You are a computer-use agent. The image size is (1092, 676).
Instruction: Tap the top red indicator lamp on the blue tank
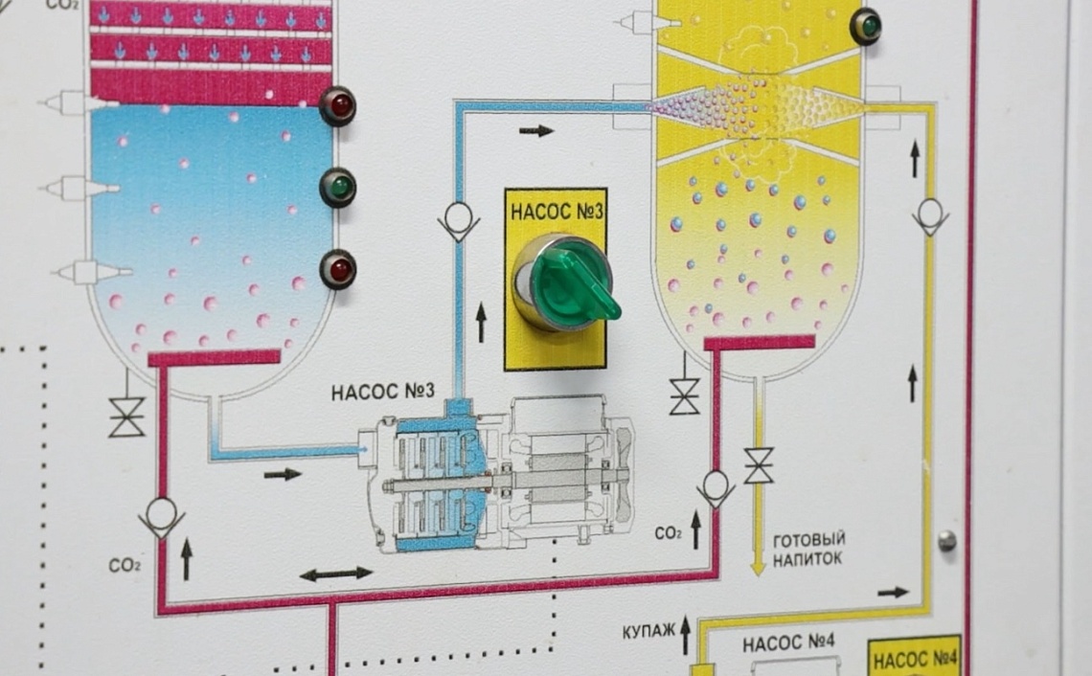pyautogui.click(x=338, y=106)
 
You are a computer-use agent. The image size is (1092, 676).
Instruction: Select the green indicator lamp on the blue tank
pyautogui.click(x=338, y=188)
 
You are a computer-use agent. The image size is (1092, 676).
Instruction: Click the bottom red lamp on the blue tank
pyautogui.click(x=338, y=269)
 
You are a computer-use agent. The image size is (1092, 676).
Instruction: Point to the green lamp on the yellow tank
pyautogui.click(x=867, y=27)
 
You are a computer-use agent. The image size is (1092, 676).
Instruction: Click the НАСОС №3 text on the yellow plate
pyautogui.click(x=557, y=212)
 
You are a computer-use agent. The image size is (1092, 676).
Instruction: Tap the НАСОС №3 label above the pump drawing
pyautogui.click(x=383, y=392)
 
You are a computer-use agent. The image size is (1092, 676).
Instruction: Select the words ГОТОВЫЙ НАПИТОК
pyautogui.click(x=809, y=549)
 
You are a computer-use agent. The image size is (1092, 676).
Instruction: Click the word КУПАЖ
pyautogui.click(x=648, y=631)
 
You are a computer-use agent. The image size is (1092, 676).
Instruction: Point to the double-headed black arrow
pyautogui.click(x=336, y=575)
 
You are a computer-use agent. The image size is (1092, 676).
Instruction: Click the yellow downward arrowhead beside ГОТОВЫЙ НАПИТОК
pyautogui.click(x=759, y=567)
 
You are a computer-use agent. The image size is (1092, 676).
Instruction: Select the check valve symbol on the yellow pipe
pyautogui.click(x=930, y=216)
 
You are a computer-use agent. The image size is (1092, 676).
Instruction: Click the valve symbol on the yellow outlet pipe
pyautogui.click(x=759, y=465)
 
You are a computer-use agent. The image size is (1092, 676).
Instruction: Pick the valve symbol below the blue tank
pyautogui.click(x=126, y=417)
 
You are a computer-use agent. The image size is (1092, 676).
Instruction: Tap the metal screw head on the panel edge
pyautogui.click(x=947, y=540)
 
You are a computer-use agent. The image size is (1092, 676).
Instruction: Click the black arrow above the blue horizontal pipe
pyautogui.click(x=536, y=131)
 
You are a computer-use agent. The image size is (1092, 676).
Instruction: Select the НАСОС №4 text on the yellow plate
pyautogui.click(x=915, y=659)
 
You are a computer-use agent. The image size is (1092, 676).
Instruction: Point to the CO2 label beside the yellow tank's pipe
pyautogui.click(x=668, y=534)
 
